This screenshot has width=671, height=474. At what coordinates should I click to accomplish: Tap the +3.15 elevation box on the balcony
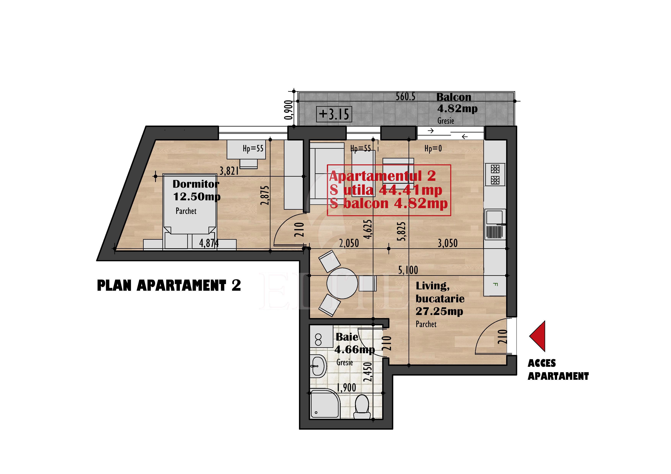[334, 114]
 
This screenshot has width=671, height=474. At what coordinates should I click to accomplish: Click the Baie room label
[347, 337]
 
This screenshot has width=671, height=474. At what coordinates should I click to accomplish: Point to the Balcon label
[454, 97]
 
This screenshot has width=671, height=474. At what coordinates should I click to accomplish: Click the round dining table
[342, 283]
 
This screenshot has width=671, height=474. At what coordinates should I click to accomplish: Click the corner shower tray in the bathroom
[325, 404]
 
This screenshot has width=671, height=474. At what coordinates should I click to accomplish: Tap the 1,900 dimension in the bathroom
[346, 388]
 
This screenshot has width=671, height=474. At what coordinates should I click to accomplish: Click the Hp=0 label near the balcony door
[433, 149]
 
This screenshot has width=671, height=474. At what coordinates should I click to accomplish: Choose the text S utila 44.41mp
[386, 190]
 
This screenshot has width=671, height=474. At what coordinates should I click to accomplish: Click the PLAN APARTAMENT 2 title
[169, 286]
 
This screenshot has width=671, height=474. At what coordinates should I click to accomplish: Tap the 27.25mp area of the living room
[439, 312]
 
